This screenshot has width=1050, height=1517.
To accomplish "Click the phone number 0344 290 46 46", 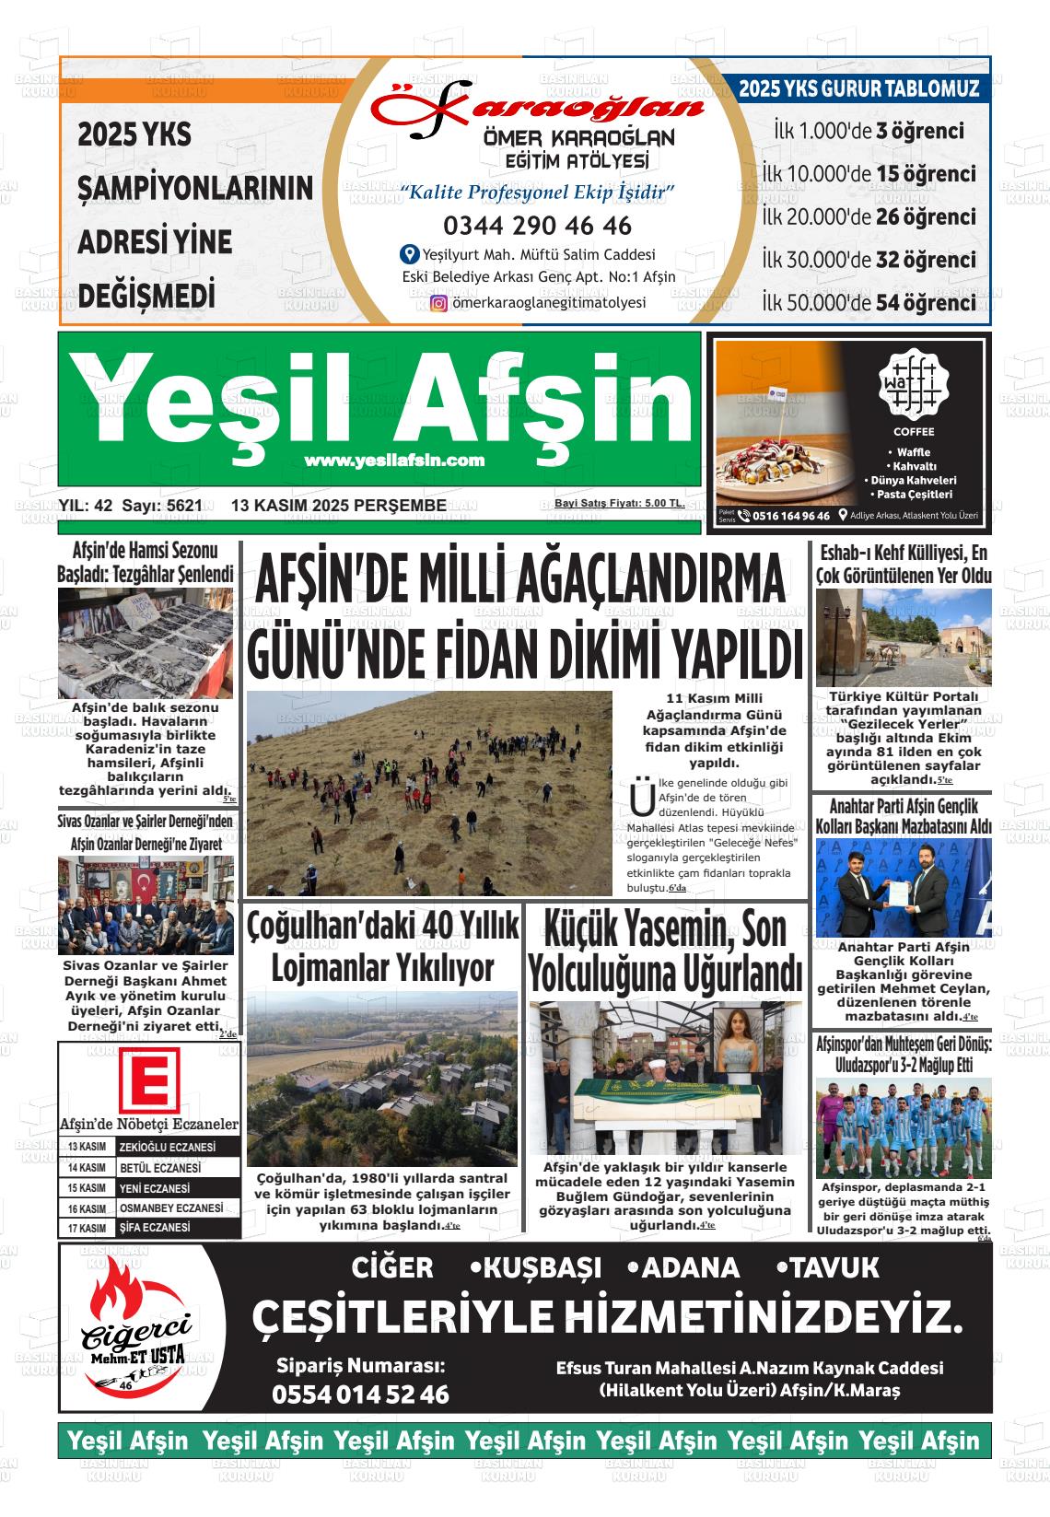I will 537,226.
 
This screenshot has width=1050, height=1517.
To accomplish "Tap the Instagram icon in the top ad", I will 439,303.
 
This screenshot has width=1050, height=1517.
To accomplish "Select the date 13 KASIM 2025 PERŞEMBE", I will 339,506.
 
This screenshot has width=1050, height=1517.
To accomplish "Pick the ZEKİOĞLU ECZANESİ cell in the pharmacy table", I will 181,1148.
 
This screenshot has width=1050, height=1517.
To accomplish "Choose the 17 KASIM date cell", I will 87,1229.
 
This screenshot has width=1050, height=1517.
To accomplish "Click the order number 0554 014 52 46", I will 360,1394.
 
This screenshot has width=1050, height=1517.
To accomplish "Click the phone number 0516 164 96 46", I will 790,516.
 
